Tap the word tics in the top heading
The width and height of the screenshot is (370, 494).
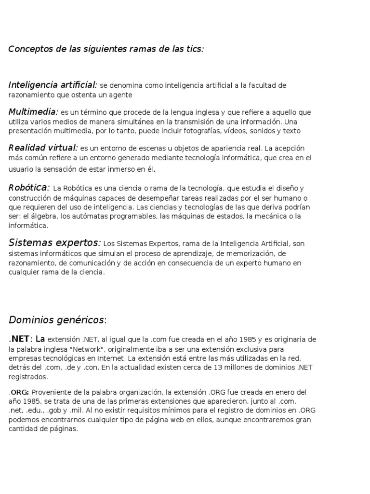click(x=194, y=49)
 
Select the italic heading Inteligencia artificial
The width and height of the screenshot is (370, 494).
click(x=53, y=85)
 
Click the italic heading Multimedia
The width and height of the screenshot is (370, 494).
click(x=33, y=112)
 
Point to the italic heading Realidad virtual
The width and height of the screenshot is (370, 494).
click(x=43, y=148)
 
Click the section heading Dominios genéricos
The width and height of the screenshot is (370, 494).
click(x=56, y=319)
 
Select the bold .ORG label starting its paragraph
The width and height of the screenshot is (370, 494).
click(x=19, y=392)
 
